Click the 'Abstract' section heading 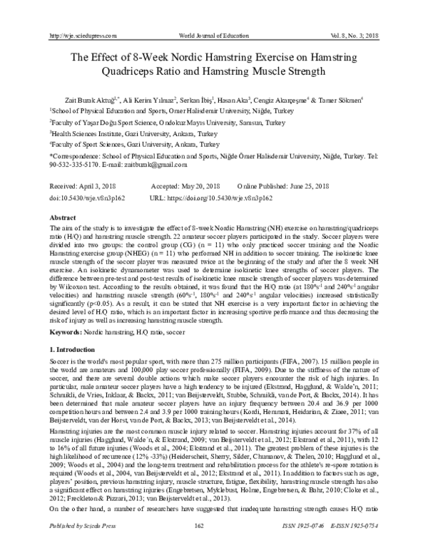point(62,215)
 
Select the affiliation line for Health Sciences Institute point(116,133)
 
